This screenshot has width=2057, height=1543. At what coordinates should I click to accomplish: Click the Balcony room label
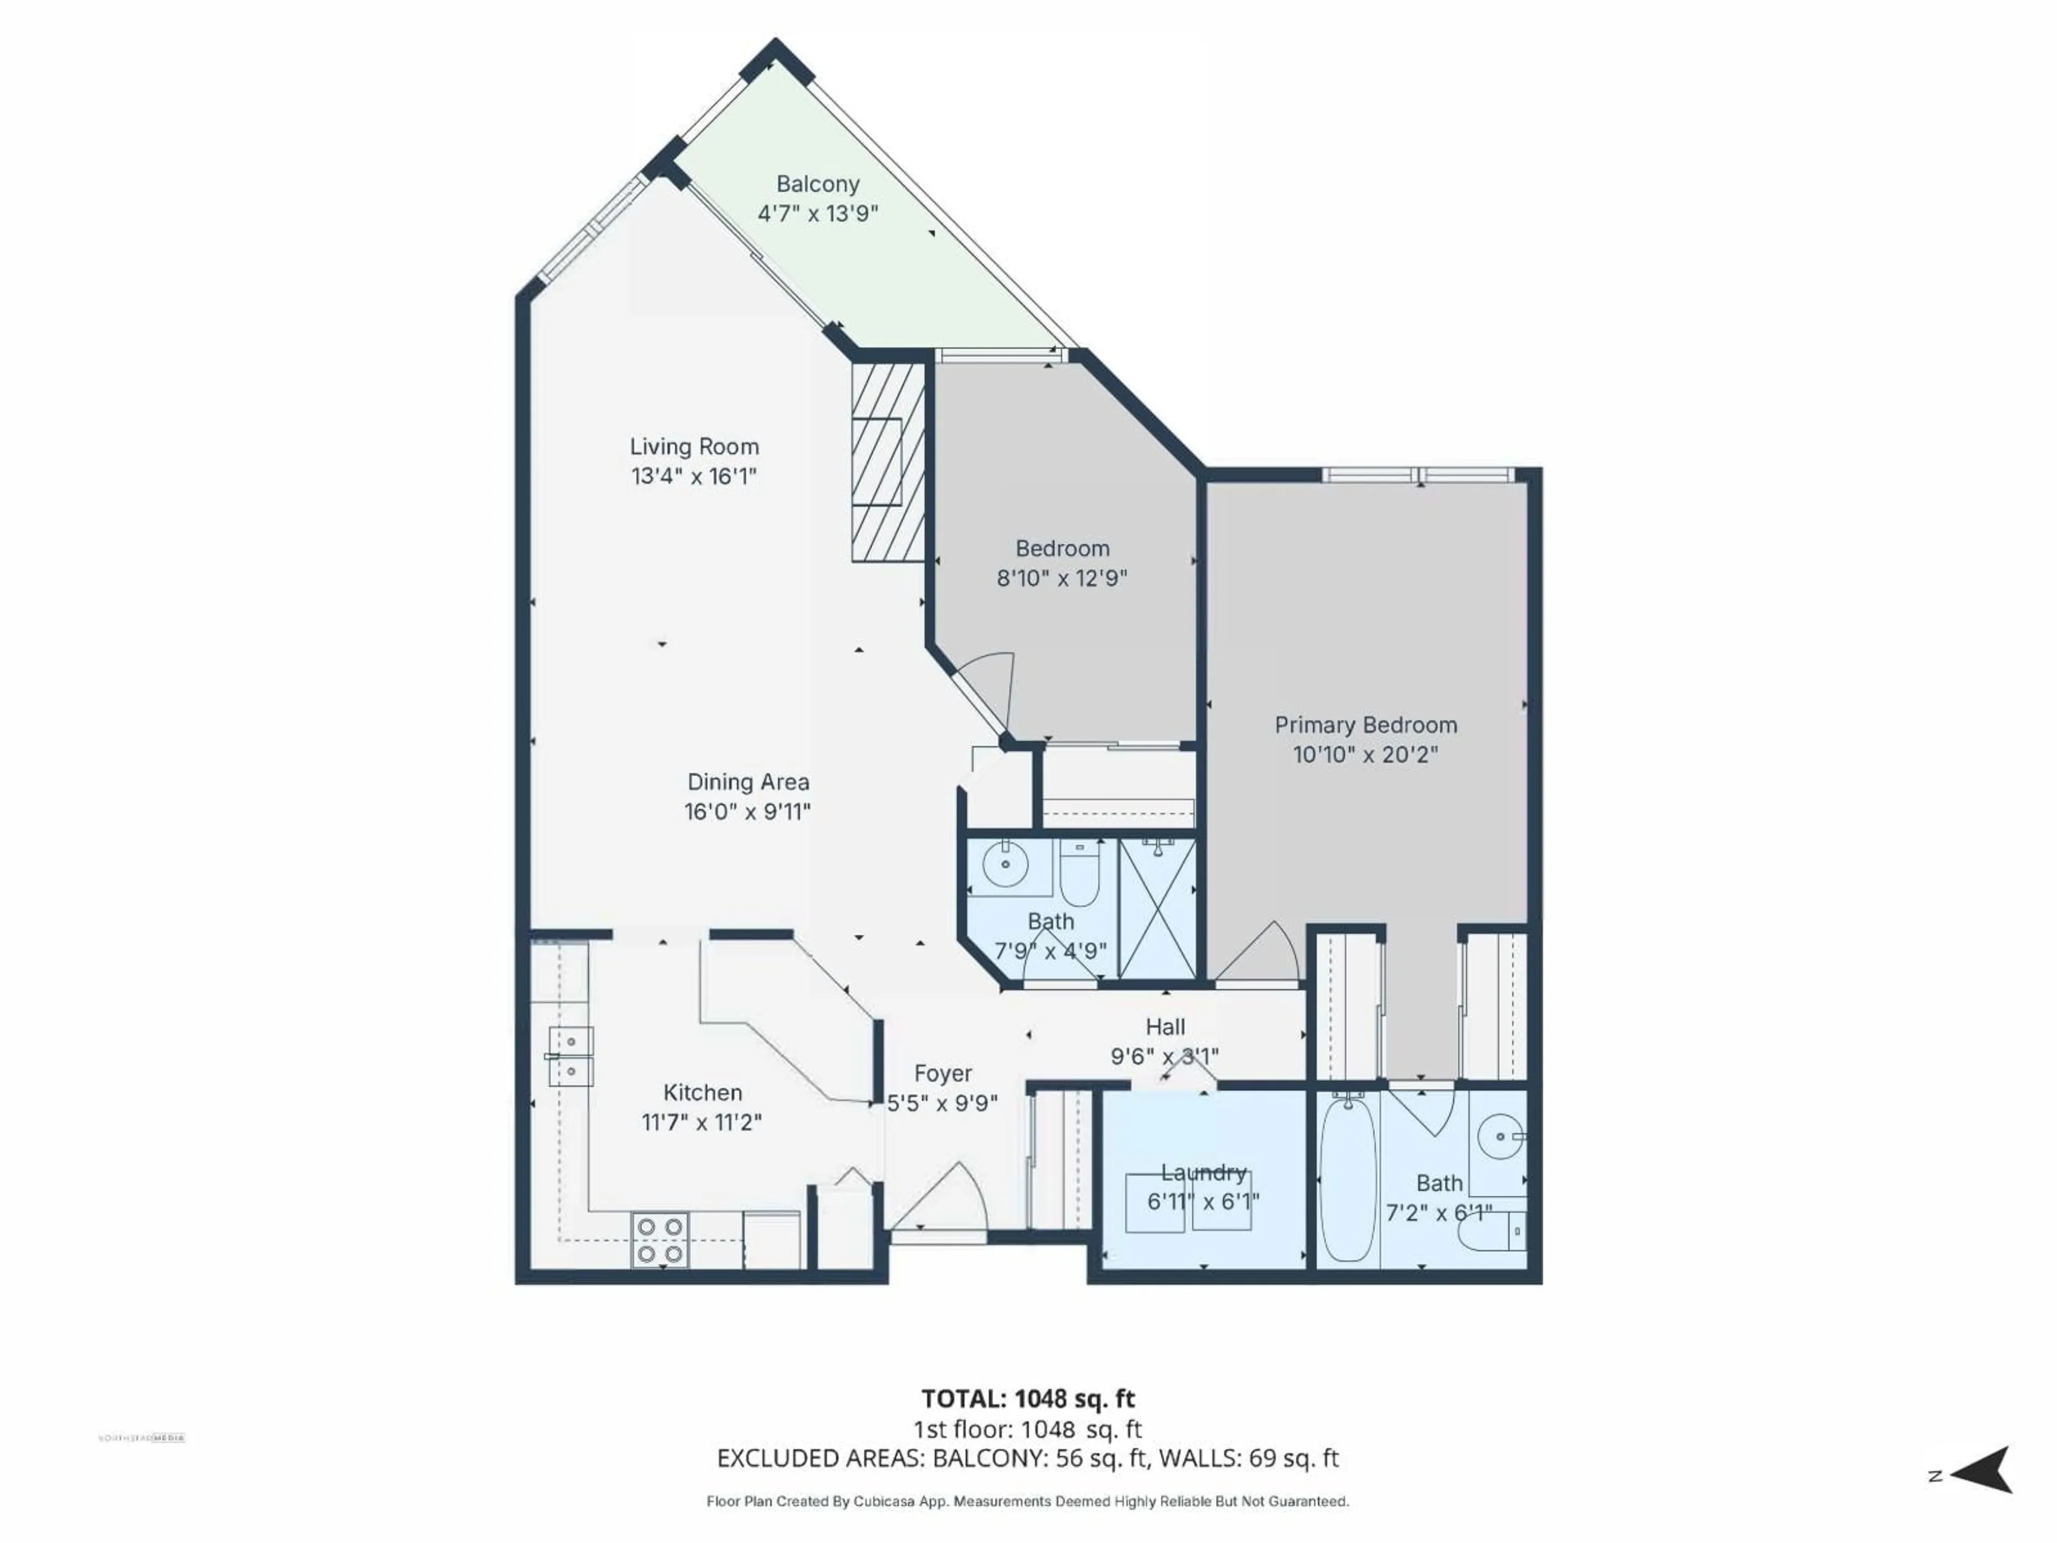pos(817,184)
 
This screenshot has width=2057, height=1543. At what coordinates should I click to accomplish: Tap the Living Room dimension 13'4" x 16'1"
pos(694,476)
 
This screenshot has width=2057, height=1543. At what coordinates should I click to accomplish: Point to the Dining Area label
pos(748,782)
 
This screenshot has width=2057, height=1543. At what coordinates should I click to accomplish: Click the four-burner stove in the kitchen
pos(660,1241)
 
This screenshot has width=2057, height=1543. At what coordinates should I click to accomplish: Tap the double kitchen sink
pos(570,1057)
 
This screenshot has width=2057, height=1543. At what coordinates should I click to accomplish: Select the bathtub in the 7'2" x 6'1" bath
pos(1347,1179)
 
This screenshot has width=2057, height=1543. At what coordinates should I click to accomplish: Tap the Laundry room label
pos(1203,1173)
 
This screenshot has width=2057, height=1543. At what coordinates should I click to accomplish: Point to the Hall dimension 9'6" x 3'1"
pos(1164,1057)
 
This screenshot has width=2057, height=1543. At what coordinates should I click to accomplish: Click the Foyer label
pos(942,1073)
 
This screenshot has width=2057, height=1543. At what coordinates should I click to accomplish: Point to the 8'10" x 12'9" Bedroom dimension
pos(1062,579)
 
